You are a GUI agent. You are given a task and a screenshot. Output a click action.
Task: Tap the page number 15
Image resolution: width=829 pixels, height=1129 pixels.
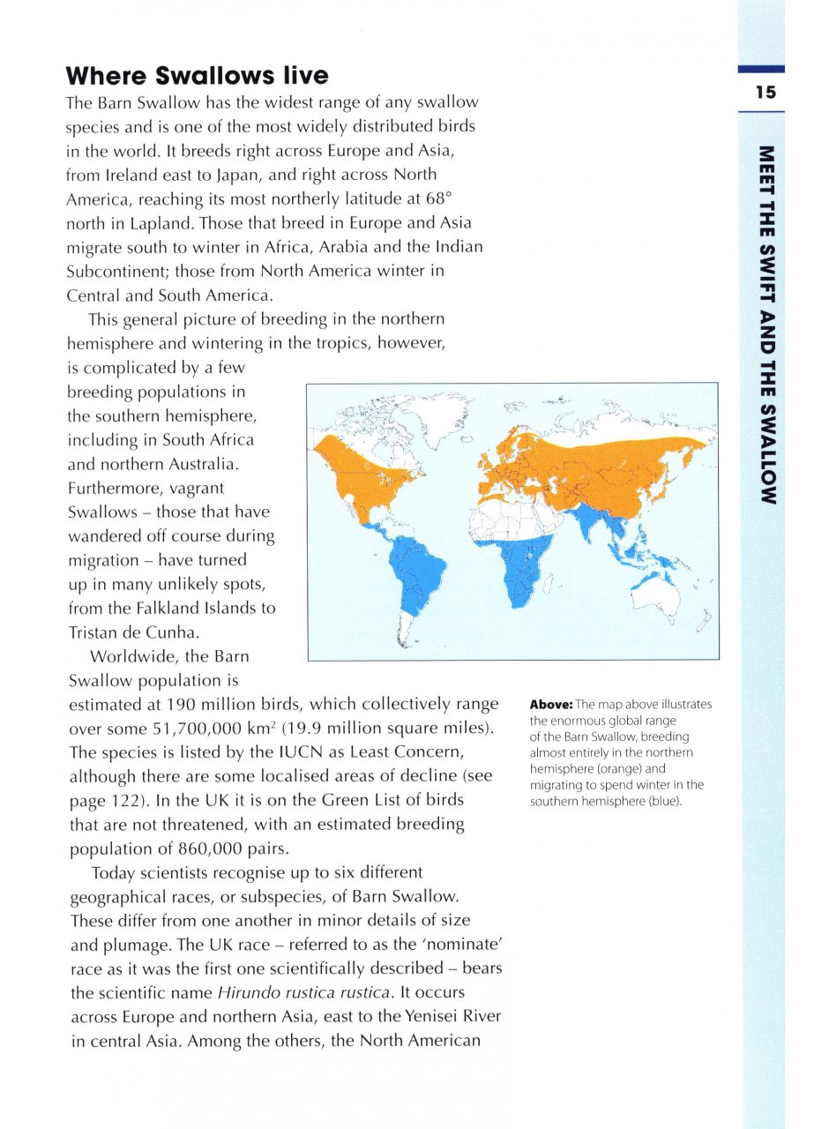(765, 93)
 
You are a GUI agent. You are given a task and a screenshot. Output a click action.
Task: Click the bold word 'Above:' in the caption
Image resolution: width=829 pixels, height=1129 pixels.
(550, 705)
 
